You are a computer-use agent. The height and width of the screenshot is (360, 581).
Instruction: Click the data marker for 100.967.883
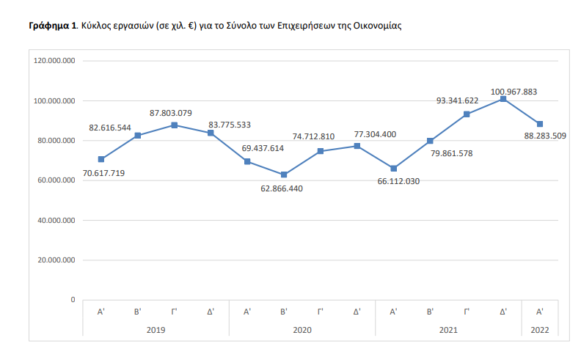pyautogui.click(x=503, y=99)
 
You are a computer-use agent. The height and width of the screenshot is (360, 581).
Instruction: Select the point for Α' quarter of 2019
pyautogui.click(x=101, y=159)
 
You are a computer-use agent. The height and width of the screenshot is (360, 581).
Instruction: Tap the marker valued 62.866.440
pyautogui.click(x=284, y=175)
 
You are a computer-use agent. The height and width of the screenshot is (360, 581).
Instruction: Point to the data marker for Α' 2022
pyautogui.click(x=540, y=124)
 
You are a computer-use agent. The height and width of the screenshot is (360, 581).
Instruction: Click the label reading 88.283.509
pyautogui.click(x=540, y=136)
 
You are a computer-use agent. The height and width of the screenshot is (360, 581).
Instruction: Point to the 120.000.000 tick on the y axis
pyautogui.click(x=56, y=61)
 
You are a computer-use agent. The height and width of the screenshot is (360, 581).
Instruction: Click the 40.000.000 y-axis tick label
pyautogui.click(x=56, y=220)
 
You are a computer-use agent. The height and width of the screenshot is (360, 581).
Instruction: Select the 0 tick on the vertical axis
pyautogui.click(x=73, y=300)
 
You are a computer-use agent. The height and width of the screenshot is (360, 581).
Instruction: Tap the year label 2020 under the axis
pyautogui.click(x=302, y=330)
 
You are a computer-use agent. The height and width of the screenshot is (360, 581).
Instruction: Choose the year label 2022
pyautogui.click(x=540, y=330)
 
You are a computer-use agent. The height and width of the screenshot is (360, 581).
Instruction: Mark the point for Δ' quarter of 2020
pyautogui.click(x=357, y=146)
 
